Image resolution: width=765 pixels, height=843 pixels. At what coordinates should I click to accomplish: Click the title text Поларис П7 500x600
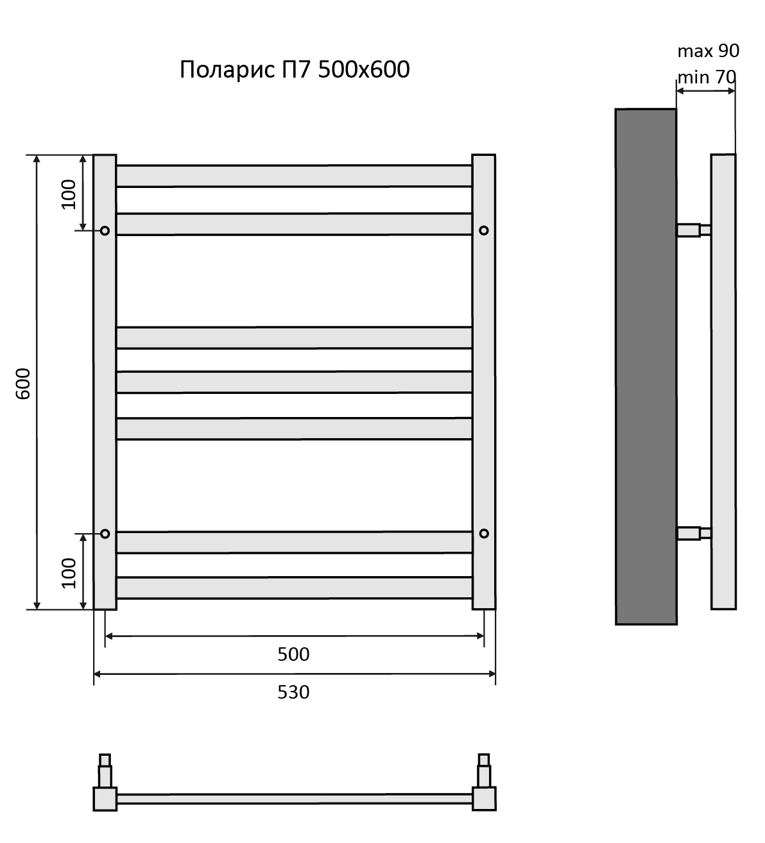[x=295, y=69]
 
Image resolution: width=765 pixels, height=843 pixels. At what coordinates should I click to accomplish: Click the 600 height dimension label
[x=23, y=384]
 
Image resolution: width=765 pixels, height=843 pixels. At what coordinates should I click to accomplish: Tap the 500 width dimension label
[x=293, y=654]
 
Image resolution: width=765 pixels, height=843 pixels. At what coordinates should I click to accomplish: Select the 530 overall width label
[x=293, y=692]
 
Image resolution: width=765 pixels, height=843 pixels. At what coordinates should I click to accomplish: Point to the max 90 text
[x=709, y=51]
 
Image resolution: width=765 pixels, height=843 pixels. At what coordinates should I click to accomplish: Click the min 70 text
[x=707, y=77]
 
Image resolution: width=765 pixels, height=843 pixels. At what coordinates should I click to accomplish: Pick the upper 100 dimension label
[x=69, y=194]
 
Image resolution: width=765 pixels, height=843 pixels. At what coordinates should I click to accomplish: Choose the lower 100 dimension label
[x=69, y=573]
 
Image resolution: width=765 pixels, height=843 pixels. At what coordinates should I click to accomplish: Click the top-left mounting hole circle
[x=105, y=231]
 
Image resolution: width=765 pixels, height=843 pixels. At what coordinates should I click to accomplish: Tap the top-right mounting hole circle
[x=484, y=230]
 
